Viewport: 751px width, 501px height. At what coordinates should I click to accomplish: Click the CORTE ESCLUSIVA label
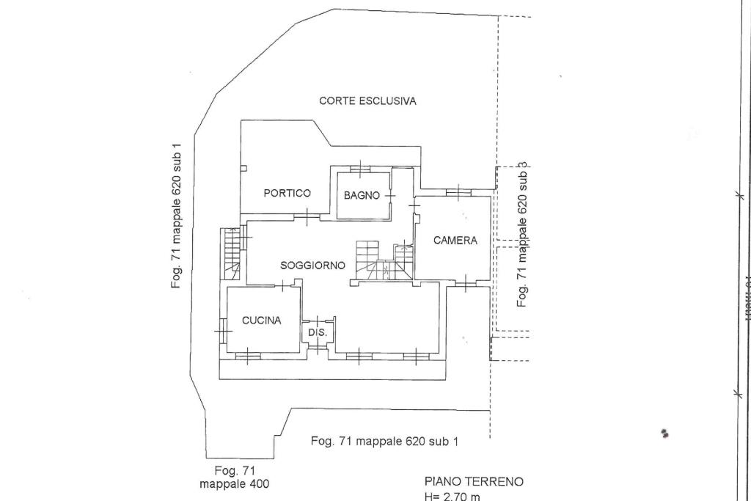(367, 101)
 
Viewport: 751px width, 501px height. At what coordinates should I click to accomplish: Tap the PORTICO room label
(287, 193)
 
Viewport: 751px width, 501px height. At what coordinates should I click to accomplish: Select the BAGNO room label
(362, 195)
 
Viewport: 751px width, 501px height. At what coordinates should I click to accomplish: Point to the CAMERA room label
(455, 240)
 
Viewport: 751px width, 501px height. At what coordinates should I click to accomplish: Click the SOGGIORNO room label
(312, 265)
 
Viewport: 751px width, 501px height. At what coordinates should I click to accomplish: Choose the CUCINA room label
(262, 320)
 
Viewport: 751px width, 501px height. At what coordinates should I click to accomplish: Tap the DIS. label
(317, 333)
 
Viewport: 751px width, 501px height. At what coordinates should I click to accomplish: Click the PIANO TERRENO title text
(474, 482)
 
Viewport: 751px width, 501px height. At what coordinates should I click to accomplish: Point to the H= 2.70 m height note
(452, 497)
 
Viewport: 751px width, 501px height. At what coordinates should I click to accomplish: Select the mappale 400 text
(234, 484)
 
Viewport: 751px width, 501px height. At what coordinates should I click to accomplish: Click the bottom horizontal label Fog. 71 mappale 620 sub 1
(384, 441)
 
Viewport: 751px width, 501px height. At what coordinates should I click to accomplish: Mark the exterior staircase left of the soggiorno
(232, 253)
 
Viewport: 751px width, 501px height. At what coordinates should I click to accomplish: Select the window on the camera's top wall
(458, 194)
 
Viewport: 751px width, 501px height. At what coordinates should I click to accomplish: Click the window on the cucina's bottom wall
(248, 357)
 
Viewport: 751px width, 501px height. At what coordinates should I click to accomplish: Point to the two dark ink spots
(664, 434)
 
